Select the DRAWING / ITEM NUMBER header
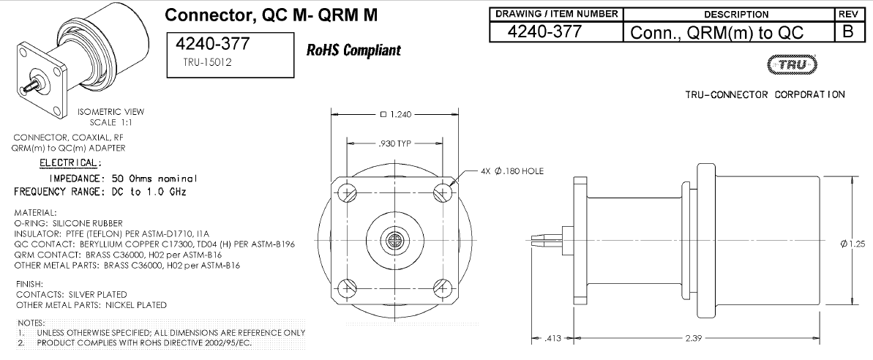click(x=558, y=14)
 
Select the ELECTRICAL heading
click(x=70, y=162)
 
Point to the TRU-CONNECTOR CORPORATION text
click(x=765, y=94)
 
